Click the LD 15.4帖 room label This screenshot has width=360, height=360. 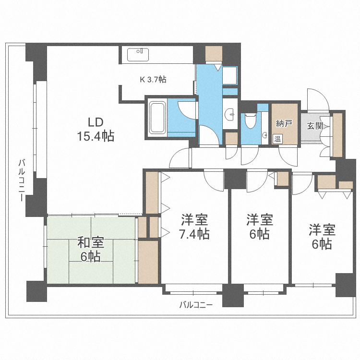pos(96,129)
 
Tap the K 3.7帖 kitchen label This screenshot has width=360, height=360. pos(153,80)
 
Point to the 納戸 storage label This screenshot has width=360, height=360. pos(284,123)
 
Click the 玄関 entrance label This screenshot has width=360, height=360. pos(315,126)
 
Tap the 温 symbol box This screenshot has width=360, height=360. pos(277,139)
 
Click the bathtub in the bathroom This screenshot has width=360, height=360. pos(156,118)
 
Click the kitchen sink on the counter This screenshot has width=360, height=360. pos(139,54)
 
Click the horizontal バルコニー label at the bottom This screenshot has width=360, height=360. pos(195,304)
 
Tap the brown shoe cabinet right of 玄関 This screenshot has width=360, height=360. pos(338,134)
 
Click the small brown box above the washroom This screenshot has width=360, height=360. pos(213,53)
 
